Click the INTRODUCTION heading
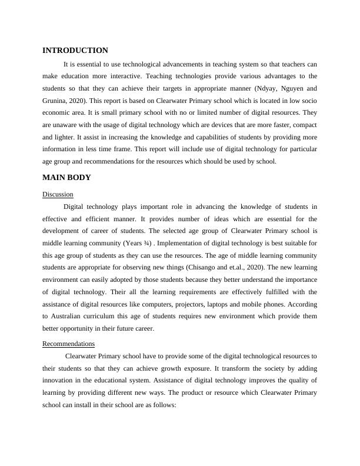point(75,51)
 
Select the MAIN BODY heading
point(66,177)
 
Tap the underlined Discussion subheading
point(58,194)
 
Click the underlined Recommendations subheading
point(68,343)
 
